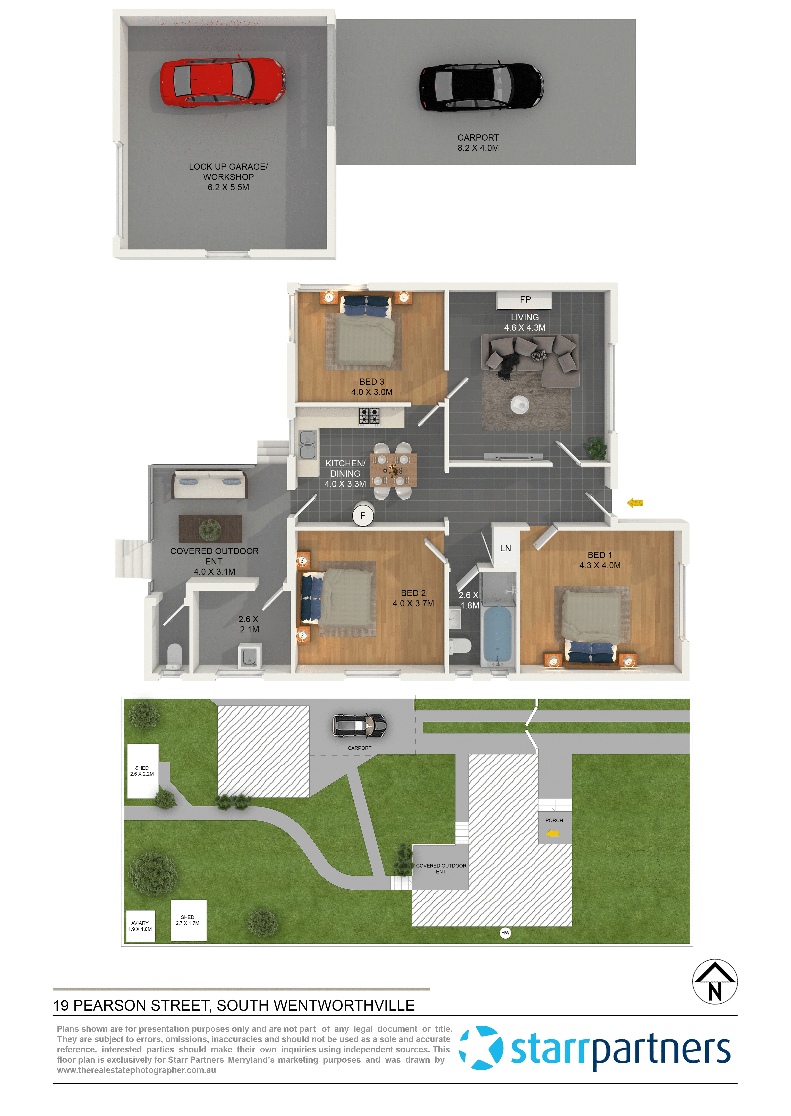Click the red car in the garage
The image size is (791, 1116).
pos(223,81)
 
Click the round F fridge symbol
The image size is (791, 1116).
pos(363,515)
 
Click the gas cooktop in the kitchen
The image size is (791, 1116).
pos(369,416)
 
